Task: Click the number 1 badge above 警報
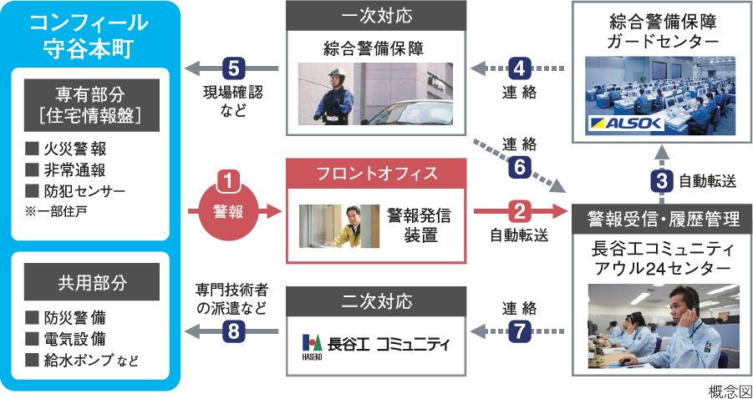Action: (x=229, y=179)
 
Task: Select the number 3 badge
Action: (x=661, y=179)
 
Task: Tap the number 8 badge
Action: (x=234, y=331)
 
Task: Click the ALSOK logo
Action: (x=627, y=124)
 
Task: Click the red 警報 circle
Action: (x=229, y=211)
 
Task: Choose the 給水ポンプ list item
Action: (x=83, y=361)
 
